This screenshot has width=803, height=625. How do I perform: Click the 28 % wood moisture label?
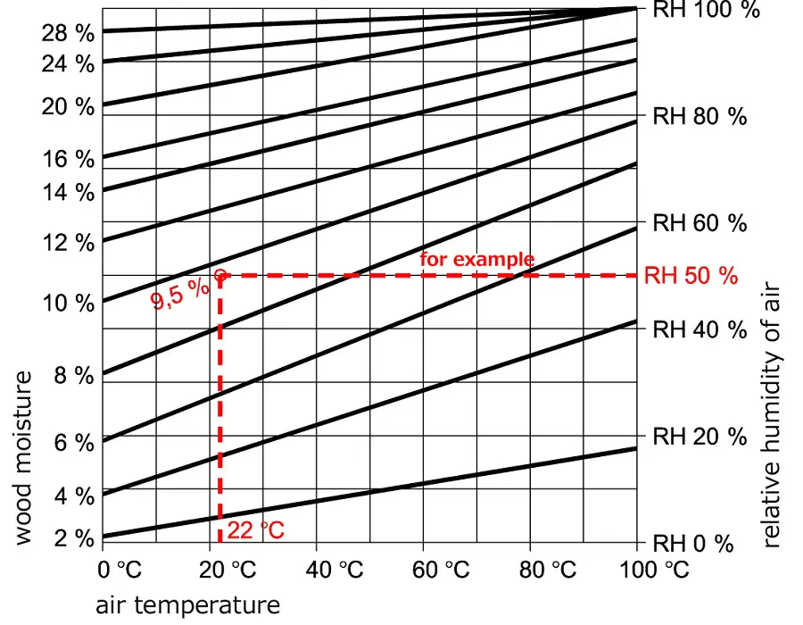coord(67,34)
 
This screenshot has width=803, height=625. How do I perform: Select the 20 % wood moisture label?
coord(67,106)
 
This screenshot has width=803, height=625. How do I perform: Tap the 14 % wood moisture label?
coord(67,192)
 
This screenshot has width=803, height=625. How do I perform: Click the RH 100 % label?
coord(706,10)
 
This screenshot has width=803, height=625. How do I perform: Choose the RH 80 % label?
coord(700,116)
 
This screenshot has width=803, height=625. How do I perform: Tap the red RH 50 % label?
coord(691,276)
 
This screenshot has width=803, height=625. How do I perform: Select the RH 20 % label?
coord(700,437)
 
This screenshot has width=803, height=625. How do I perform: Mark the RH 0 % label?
coord(693,544)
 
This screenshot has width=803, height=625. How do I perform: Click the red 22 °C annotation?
coord(255,530)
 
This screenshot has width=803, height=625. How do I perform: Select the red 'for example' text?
coord(477,260)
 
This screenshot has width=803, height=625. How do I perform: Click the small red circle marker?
coord(219,275)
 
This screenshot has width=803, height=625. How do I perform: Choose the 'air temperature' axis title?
coord(187,605)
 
